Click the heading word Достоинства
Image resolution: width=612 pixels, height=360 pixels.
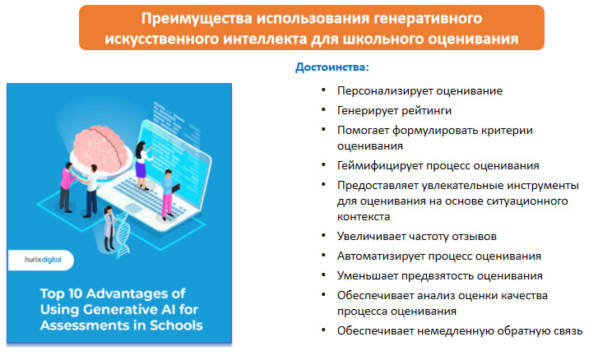(x=330, y=67)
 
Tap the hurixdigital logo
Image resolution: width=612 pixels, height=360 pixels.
(x=43, y=260)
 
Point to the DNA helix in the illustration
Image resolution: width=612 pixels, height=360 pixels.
(x=123, y=234)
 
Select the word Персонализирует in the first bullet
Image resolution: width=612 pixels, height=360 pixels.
(x=385, y=91)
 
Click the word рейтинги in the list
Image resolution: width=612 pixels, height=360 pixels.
(x=426, y=111)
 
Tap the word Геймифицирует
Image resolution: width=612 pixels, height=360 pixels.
(x=380, y=166)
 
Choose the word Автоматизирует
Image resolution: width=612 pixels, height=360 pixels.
(x=381, y=256)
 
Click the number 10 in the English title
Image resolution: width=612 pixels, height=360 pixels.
(x=76, y=293)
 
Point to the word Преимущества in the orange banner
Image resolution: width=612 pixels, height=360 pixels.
(x=197, y=19)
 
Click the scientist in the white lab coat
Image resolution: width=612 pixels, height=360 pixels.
(x=109, y=228)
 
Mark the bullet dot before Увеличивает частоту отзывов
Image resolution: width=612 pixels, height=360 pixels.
(x=323, y=236)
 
